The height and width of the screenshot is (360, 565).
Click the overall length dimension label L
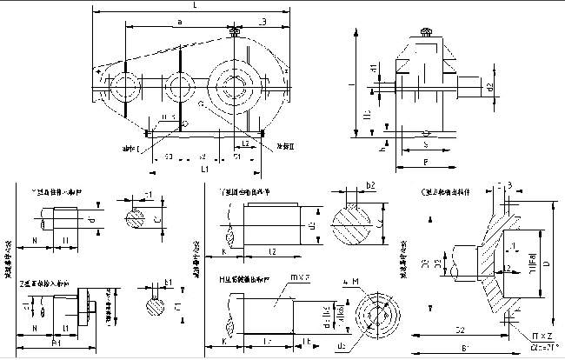195,6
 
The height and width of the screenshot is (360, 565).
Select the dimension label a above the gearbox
178,20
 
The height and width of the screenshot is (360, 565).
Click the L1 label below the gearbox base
205,170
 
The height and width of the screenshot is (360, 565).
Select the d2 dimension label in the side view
489,87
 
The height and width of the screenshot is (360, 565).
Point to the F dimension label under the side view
425,162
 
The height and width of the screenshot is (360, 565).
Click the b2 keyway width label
369,186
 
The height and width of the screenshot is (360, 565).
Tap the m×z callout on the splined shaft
295,277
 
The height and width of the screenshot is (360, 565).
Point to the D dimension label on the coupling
546,262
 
